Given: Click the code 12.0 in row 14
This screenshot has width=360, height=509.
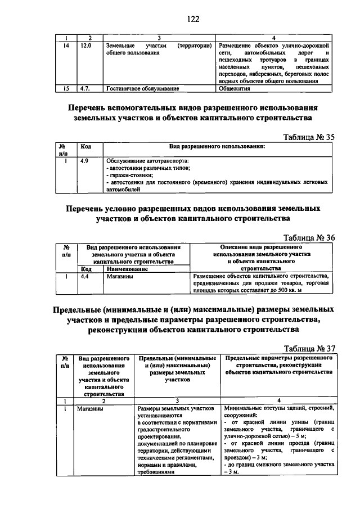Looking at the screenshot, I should pos(85,44).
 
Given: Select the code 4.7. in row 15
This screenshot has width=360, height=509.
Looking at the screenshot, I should pos(85,88).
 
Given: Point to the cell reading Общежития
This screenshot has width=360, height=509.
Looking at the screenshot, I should pos(235,88).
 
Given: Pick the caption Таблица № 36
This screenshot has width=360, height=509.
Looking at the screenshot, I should pos(309,237).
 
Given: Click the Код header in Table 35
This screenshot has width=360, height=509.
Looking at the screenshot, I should pos(86,146).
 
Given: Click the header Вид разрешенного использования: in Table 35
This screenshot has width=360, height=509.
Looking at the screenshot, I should pos(217,146).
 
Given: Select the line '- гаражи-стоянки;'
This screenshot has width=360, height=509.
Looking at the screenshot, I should pos(129,175).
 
